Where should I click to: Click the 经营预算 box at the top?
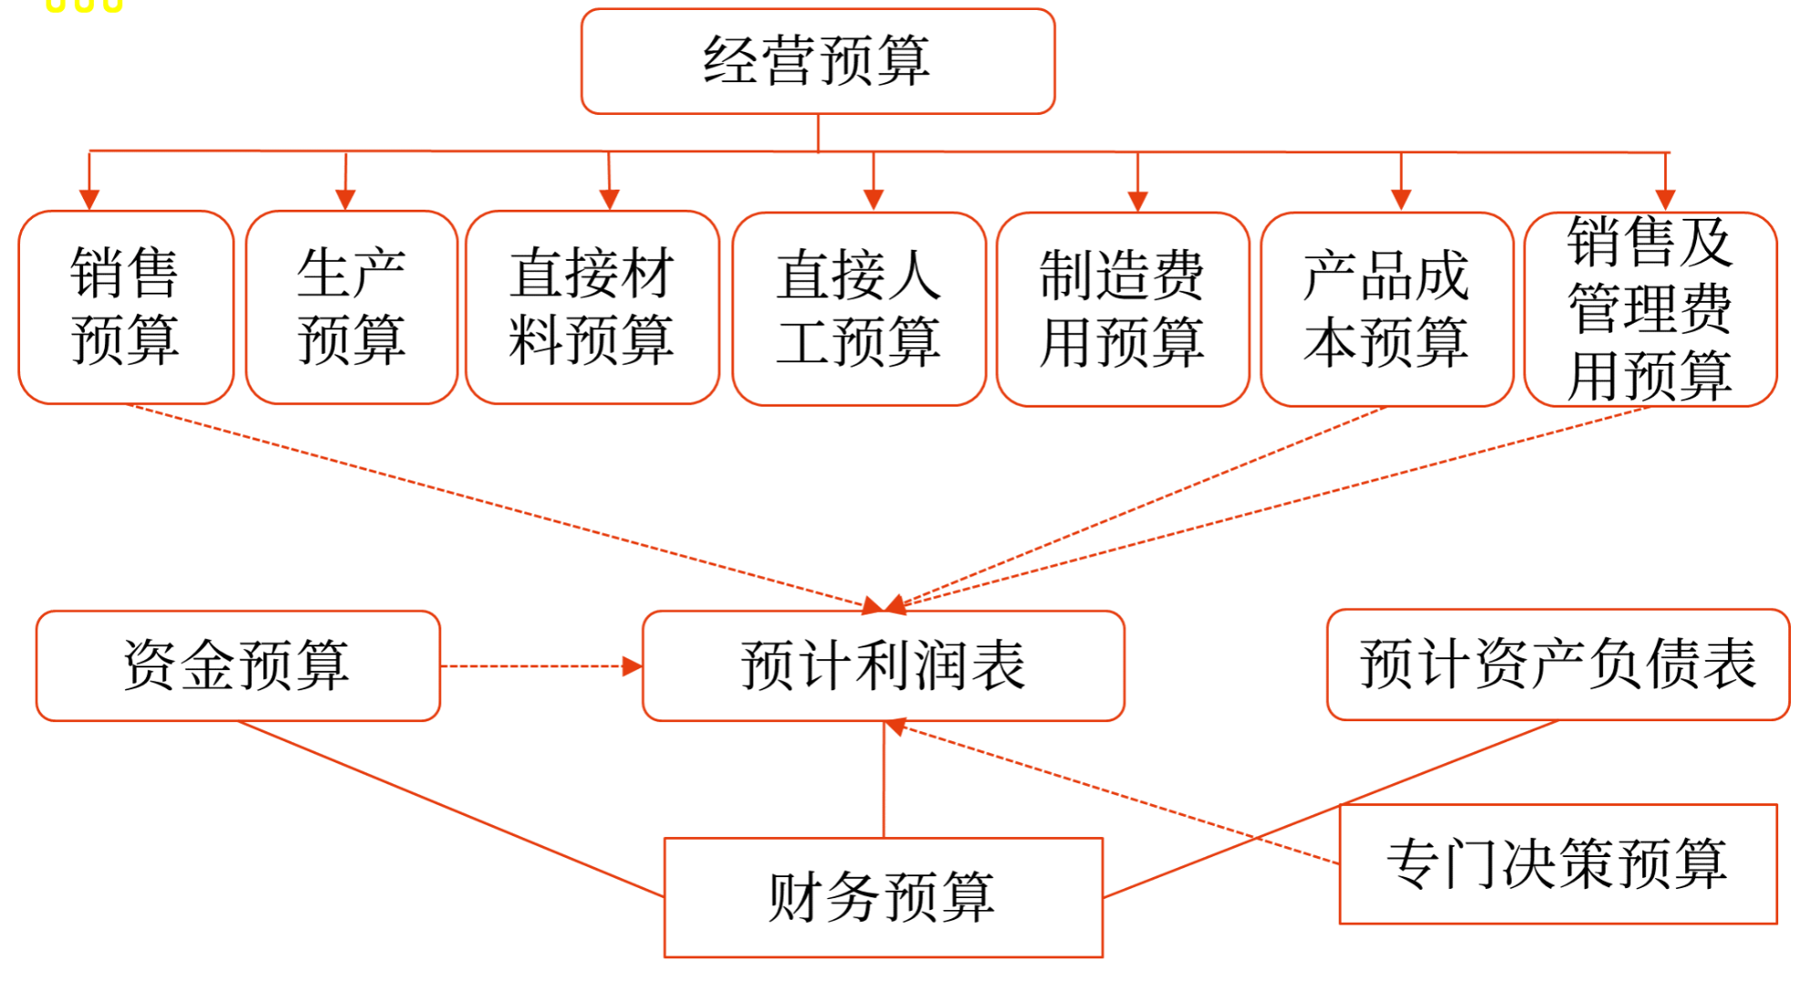818,61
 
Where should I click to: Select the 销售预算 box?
126,307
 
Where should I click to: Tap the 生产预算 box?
351,307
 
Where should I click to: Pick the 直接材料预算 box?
592,307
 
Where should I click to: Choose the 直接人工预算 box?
859,309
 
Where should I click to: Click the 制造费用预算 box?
1122,309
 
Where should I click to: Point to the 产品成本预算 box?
1386,309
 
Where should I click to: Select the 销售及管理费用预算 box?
1650,309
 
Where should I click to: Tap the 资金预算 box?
237,666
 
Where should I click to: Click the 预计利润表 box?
882,666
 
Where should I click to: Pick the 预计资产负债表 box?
1558,665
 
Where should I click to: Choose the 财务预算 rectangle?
882,897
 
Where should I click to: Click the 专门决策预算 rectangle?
1558,863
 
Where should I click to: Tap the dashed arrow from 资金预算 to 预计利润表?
538,667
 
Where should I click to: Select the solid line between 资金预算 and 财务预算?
451,809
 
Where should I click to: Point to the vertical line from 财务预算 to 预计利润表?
884,784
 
